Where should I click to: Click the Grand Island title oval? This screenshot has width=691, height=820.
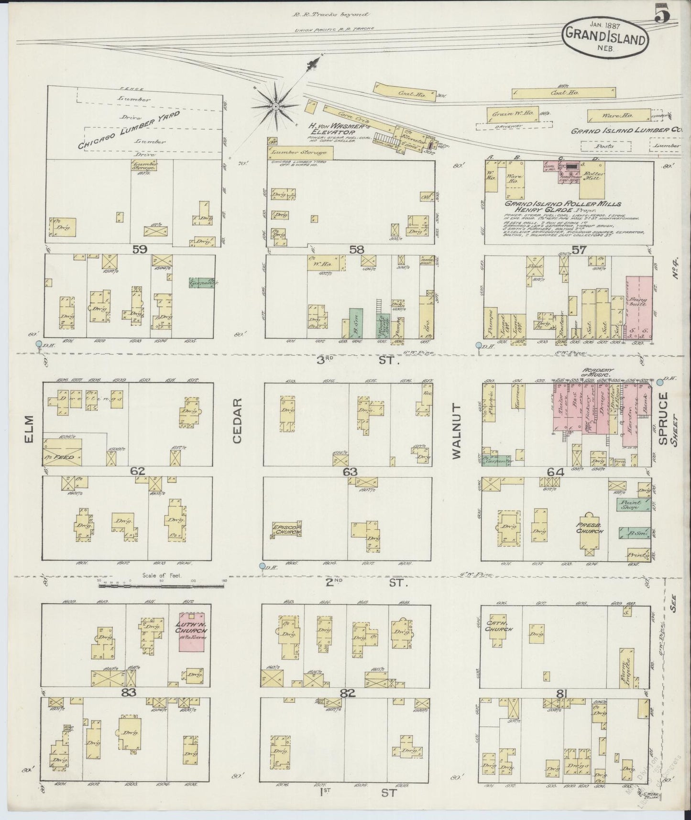(605, 35)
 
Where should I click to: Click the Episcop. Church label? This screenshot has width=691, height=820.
(286, 529)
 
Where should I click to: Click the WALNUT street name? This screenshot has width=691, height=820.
(456, 431)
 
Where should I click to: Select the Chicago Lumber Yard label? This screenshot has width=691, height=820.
(129, 130)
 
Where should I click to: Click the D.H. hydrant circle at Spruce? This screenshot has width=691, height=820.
(660, 382)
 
